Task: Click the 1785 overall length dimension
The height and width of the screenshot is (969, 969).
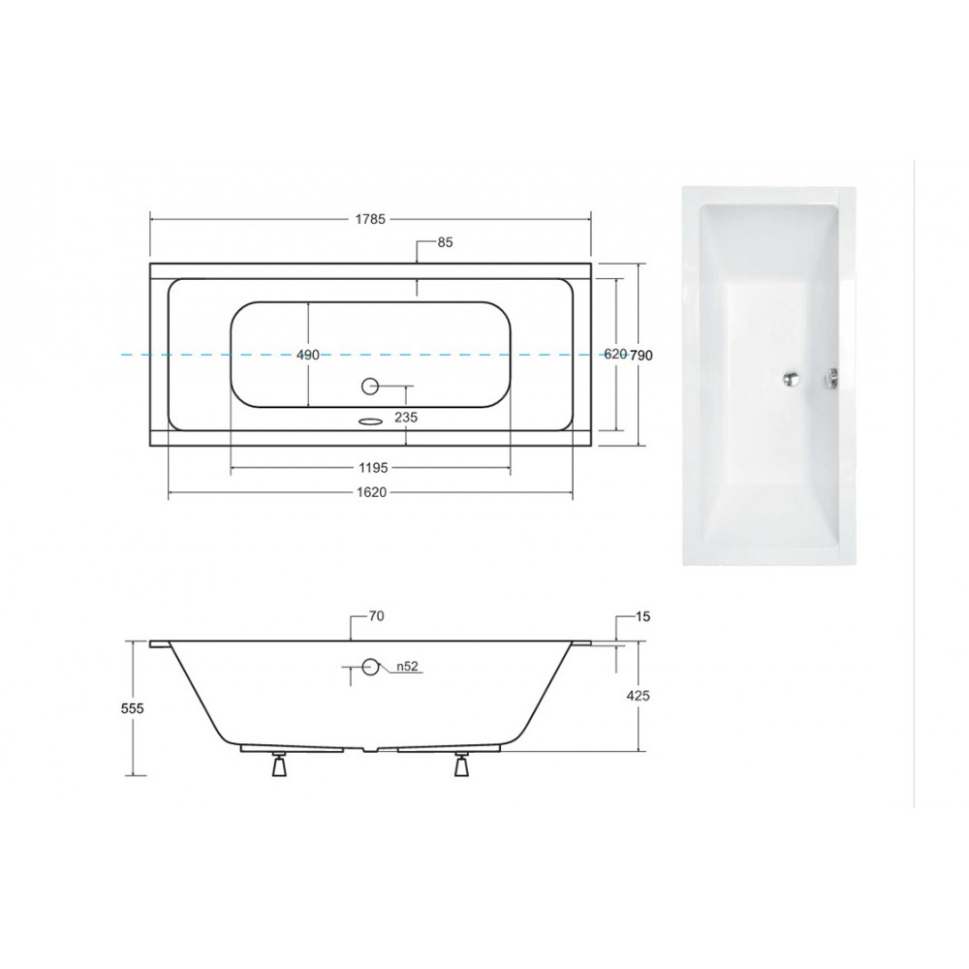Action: (370, 219)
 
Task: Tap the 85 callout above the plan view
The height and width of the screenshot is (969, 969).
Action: (445, 242)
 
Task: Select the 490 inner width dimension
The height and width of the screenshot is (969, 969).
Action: (308, 355)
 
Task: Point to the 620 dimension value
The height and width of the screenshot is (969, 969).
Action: (615, 354)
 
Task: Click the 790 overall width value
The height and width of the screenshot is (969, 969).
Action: (641, 356)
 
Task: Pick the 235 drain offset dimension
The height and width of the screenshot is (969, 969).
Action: (406, 417)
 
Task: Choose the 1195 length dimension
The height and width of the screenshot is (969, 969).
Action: (373, 468)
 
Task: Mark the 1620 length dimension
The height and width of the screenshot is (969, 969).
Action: (371, 492)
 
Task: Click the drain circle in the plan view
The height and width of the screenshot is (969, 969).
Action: (369, 387)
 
